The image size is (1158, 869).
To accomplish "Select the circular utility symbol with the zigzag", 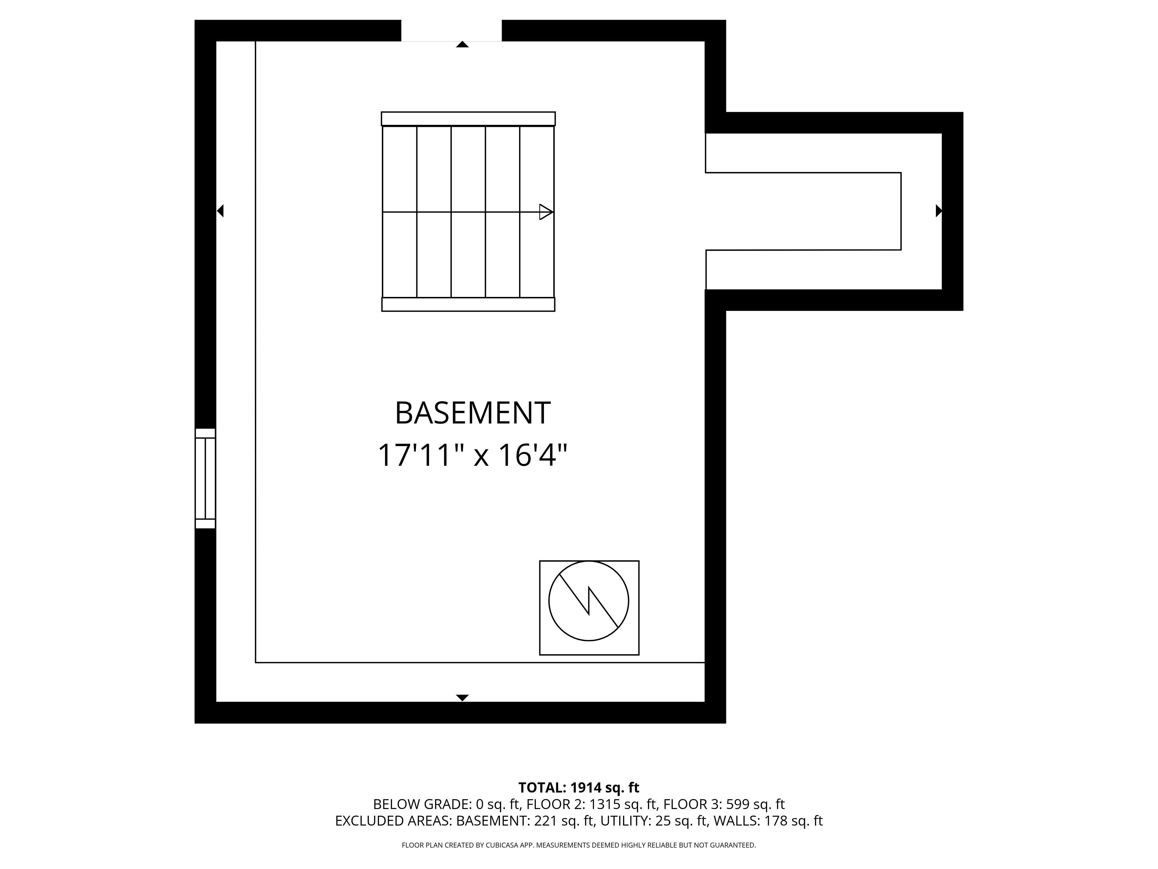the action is pyautogui.click(x=589, y=601).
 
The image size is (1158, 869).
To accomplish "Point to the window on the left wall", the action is pyautogui.click(x=205, y=478).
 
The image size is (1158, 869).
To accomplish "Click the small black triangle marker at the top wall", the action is pyautogui.click(x=462, y=45).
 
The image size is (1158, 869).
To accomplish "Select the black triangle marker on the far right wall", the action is pyautogui.click(x=939, y=211).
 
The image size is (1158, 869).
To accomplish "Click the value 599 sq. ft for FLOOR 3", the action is pyautogui.click(x=755, y=804).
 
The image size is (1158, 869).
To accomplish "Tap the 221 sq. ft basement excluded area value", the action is pyautogui.click(x=564, y=821).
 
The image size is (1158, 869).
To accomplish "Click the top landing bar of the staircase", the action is pyautogui.click(x=468, y=119).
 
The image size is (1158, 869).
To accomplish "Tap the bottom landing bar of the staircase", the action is pyautogui.click(x=468, y=304).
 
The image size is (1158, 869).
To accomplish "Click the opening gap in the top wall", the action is pyautogui.click(x=451, y=30).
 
